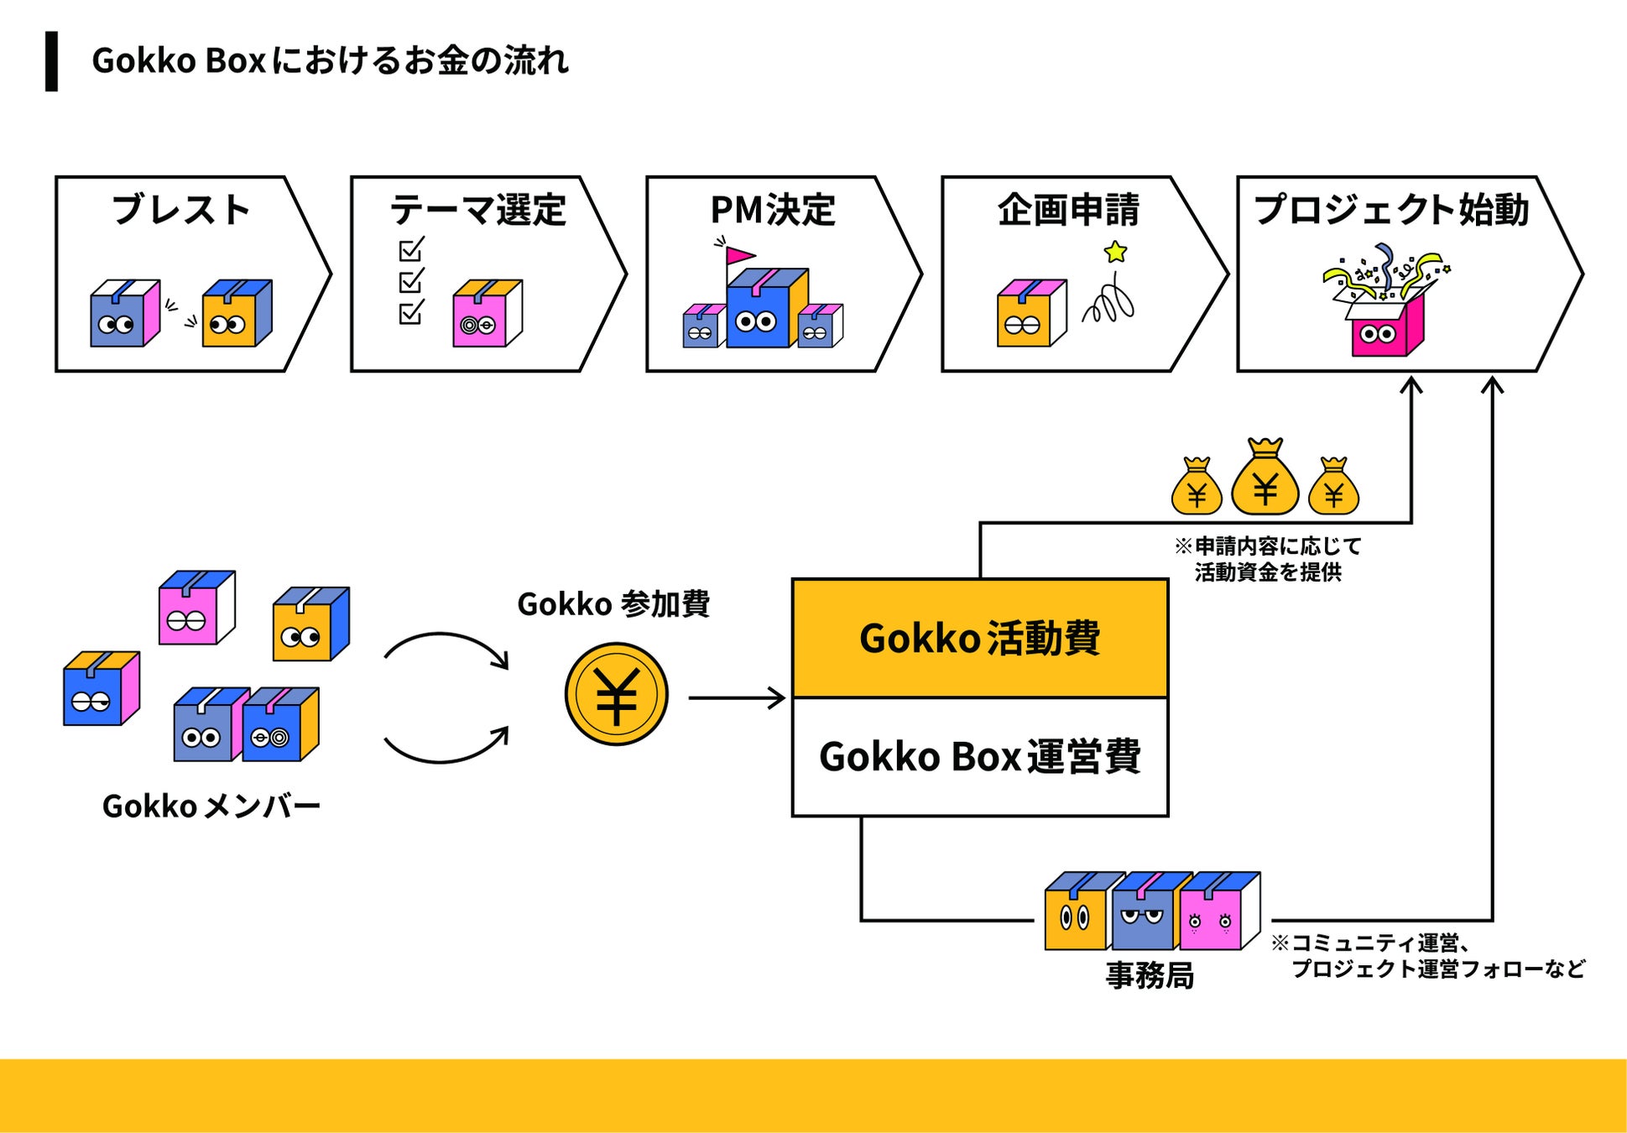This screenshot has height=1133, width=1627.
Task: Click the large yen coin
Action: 616,694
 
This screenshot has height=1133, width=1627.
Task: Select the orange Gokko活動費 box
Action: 980,639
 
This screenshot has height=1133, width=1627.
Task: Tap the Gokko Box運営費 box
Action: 980,757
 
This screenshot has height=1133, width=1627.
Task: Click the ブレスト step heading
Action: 181,210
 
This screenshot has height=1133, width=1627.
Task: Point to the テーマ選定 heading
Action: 478,210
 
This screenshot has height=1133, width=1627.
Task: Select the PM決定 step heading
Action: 773,210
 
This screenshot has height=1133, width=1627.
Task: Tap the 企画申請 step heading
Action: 1068,210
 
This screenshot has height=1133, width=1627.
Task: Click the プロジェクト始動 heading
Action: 1391,210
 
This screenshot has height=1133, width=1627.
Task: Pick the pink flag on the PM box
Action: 740,255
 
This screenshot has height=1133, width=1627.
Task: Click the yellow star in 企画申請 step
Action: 1115,252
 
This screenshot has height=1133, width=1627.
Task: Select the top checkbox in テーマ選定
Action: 411,249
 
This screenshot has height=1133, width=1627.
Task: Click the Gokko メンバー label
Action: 211,807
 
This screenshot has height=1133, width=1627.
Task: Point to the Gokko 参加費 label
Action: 613,604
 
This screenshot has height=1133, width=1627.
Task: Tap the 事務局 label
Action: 1150,975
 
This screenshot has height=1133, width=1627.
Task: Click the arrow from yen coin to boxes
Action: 737,697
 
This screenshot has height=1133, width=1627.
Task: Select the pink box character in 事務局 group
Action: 1219,911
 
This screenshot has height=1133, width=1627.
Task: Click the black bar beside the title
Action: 51,61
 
